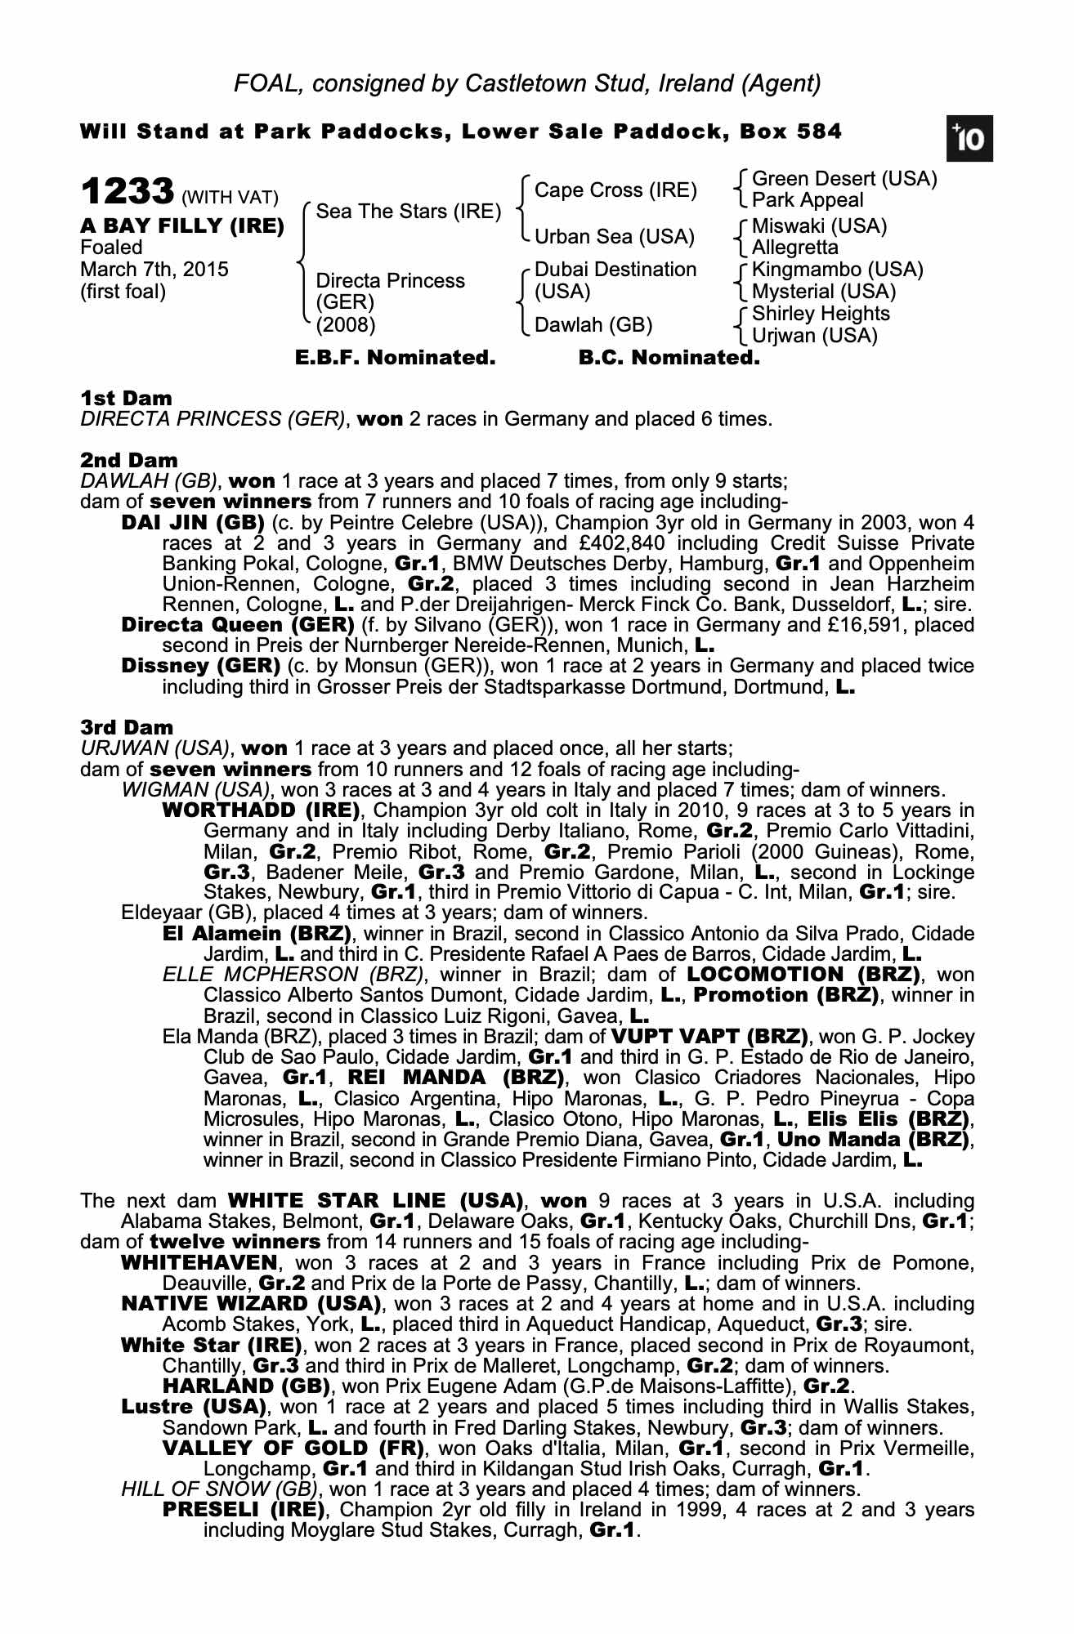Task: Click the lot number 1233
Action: point(128,193)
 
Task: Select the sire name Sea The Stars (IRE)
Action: point(408,212)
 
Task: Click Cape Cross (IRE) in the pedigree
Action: point(615,190)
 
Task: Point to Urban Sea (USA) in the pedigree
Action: point(614,237)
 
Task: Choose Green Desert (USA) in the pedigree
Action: point(844,179)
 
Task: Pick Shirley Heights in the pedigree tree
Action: point(821,314)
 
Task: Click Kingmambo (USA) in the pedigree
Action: point(837,270)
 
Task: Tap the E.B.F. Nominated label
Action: point(395,358)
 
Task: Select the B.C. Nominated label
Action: point(669,358)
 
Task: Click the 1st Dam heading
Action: point(127,399)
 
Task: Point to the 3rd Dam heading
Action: point(127,727)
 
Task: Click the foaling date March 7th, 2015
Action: point(154,270)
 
